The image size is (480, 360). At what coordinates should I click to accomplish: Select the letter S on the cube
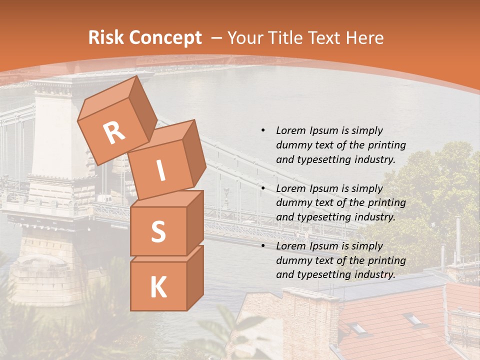[x=158, y=231]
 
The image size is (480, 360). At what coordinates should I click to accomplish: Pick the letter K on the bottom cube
[x=158, y=287]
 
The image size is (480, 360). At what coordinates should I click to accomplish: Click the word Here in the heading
[x=364, y=37]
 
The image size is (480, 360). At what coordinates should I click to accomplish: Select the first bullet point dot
[x=263, y=130]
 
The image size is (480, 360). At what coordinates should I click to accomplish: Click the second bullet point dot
[x=263, y=188]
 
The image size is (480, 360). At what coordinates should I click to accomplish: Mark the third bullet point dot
[x=263, y=246]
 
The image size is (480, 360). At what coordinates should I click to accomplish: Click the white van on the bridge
[x=103, y=199]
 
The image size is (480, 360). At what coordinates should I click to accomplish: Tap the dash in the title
[x=217, y=37]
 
